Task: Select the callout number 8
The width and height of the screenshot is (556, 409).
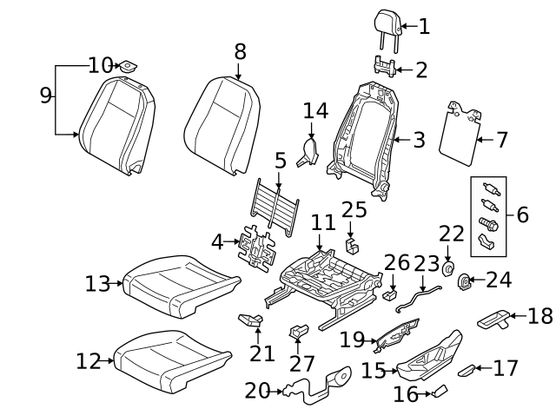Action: [x=241, y=52]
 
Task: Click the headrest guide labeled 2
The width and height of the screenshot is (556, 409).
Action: [x=386, y=66]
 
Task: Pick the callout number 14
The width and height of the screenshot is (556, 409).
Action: [x=316, y=110]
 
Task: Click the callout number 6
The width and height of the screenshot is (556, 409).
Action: [x=522, y=214]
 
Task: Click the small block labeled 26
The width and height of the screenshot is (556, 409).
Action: [x=390, y=295]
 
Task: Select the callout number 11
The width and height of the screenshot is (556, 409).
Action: [x=322, y=222]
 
